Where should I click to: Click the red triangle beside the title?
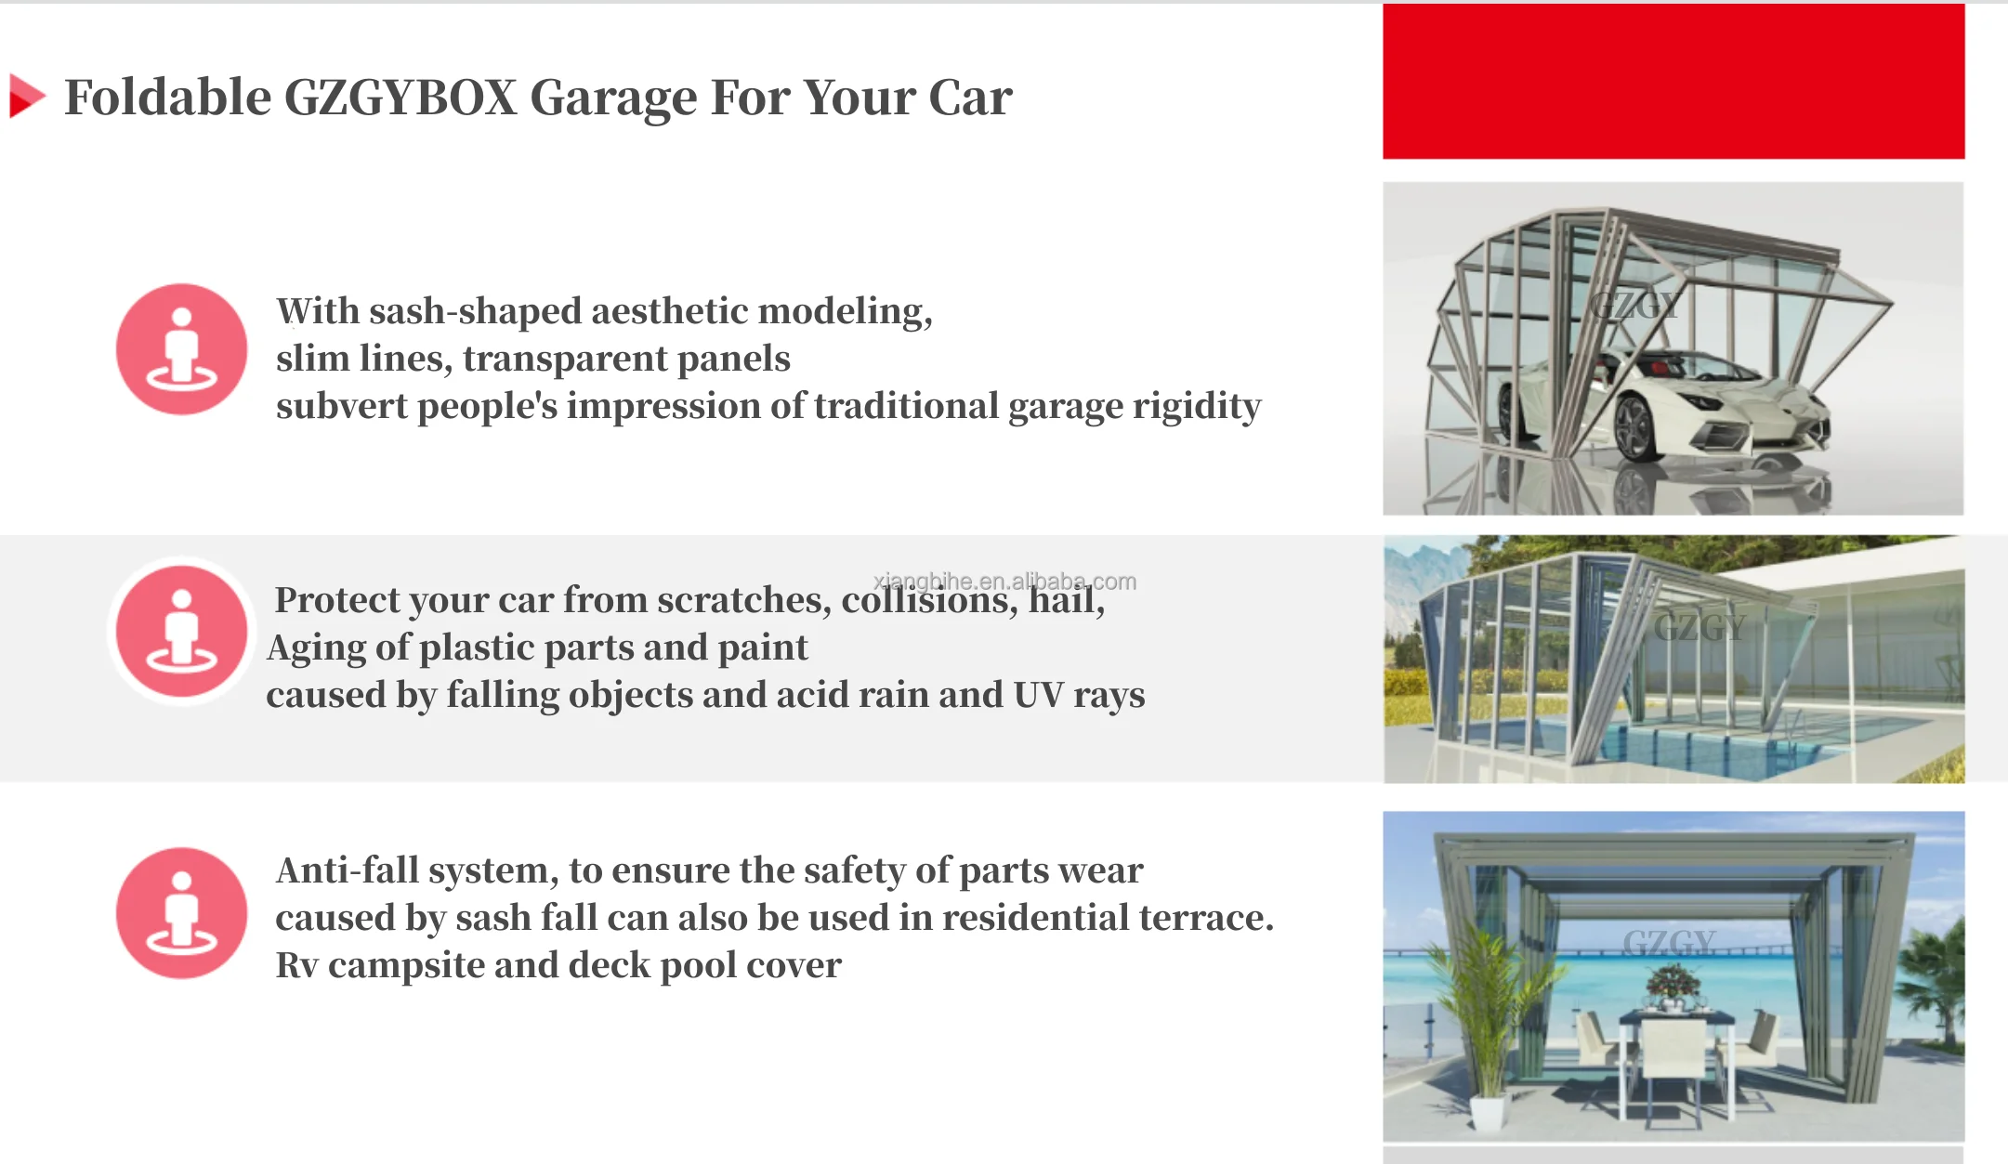(26, 97)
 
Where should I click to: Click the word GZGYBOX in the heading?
(400, 98)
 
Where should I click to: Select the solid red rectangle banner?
(1673, 82)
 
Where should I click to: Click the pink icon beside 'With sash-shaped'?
(181, 349)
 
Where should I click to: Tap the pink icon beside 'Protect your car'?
(181, 631)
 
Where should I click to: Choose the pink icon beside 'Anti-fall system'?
(181, 913)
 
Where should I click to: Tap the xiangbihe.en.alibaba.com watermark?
(1004, 582)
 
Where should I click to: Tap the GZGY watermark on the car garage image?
(1634, 306)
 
